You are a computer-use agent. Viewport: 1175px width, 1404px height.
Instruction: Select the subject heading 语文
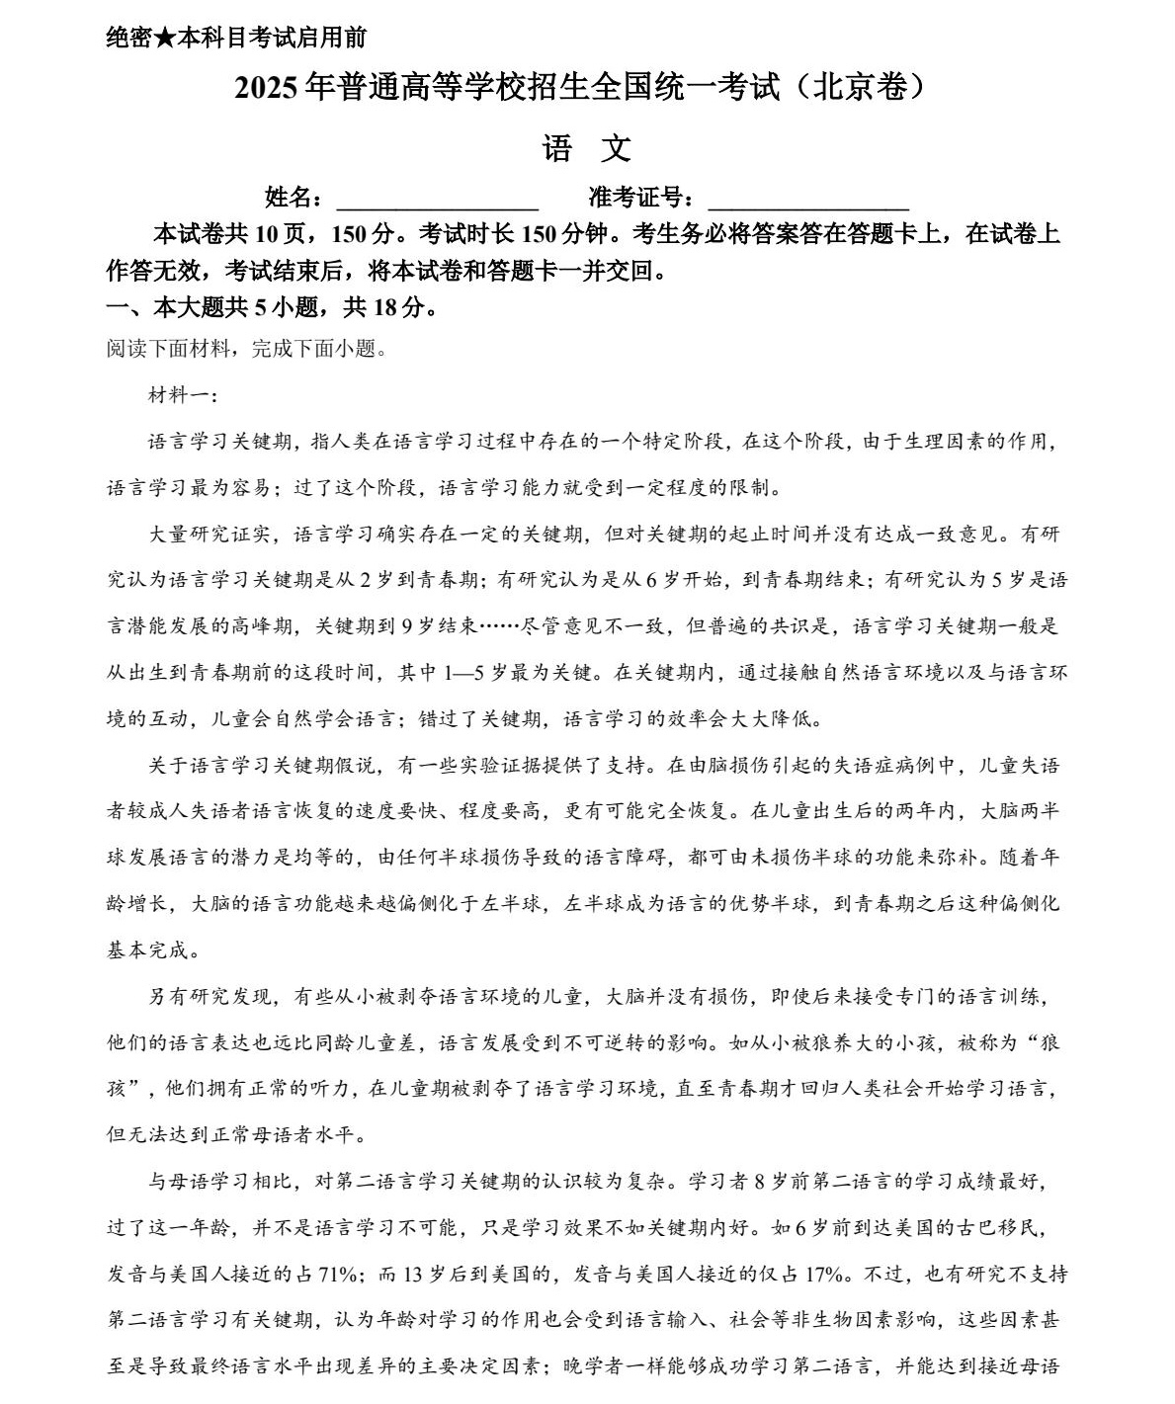(586, 149)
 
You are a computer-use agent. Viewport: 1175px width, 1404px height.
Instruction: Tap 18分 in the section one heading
(398, 307)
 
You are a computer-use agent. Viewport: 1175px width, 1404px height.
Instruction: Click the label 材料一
(174, 395)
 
